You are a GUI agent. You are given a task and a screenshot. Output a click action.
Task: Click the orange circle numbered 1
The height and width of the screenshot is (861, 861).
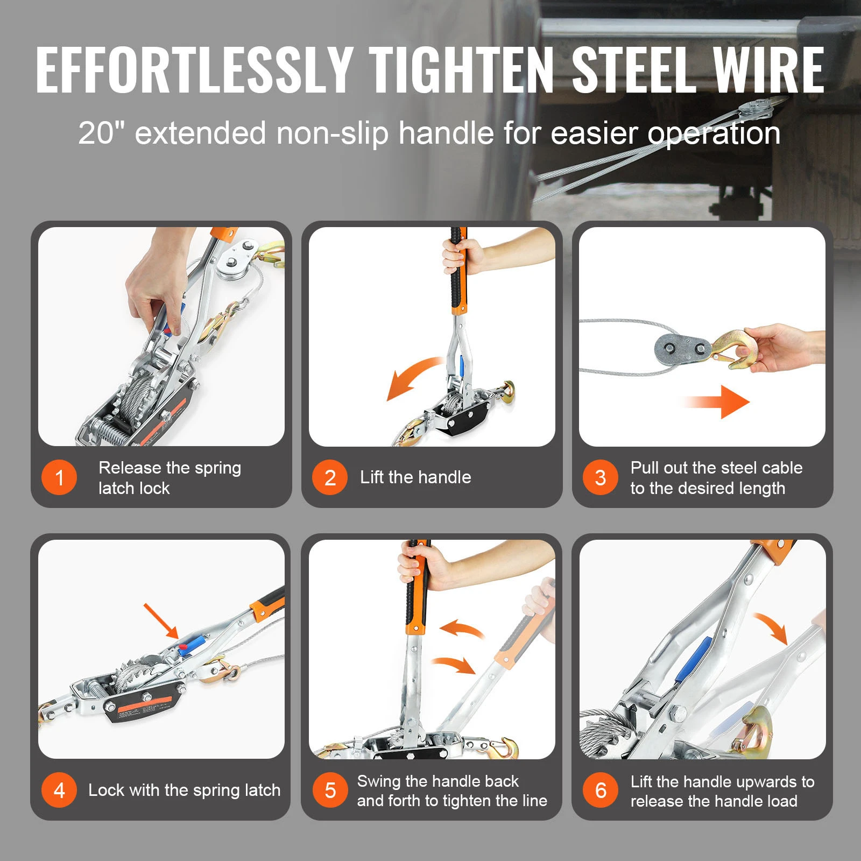point(59,477)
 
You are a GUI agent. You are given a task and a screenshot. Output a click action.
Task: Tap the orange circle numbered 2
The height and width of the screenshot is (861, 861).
point(330,477)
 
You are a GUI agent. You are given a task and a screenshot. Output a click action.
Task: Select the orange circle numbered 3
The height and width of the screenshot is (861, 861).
point(600,477)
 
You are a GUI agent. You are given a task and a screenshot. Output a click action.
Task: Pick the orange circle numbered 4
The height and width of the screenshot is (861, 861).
point(59,790)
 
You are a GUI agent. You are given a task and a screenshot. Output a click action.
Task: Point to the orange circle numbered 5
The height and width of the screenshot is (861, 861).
point(330,790)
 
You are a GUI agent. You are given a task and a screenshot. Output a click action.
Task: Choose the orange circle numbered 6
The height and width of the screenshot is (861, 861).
point(600,790)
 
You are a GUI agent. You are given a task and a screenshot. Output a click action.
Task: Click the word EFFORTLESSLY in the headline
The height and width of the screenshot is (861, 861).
point(194,70)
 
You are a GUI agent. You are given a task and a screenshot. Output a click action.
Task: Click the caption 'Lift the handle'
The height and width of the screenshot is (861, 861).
point(415,477)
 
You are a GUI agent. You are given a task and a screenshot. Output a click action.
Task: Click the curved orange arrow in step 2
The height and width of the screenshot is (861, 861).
point(412,377)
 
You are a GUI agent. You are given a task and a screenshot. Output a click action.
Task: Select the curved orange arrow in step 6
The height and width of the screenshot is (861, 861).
point(772,627)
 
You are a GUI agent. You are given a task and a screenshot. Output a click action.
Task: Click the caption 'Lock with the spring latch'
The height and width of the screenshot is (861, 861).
point(184,790)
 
